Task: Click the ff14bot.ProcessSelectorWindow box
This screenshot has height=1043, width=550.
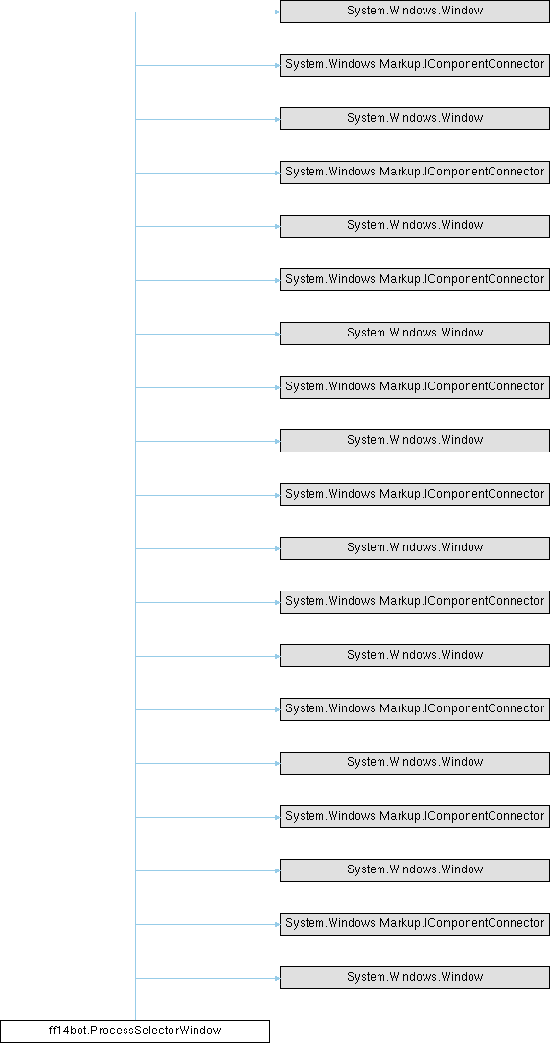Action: pyautogui.click(x=135, y=1031)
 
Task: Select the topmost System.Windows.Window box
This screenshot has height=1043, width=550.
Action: pyautogui.click(x=414, y=12)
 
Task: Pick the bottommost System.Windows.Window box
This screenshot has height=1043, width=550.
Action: pyautogui.click(x=414, y=977)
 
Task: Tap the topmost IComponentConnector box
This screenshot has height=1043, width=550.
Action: pyautogui.click(x=414, y=65)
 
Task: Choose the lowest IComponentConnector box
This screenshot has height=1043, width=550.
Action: pyautogui.click(x=414, y=923)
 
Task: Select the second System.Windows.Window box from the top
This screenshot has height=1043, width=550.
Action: pyautogui.click(x=414, y=119)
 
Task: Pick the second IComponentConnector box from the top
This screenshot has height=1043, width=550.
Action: pyautogui.click(x=414, y=173)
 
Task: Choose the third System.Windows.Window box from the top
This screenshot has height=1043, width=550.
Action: pyautogui.click(x=414, y=226)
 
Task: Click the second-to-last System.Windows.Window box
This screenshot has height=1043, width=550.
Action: pyautogui.click(x=414, y=870)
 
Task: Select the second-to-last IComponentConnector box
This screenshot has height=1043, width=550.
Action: pyautogui.click(x=414, y=816)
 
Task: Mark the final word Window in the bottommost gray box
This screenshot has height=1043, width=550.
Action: pyautogui.click(x=466, y=977)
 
